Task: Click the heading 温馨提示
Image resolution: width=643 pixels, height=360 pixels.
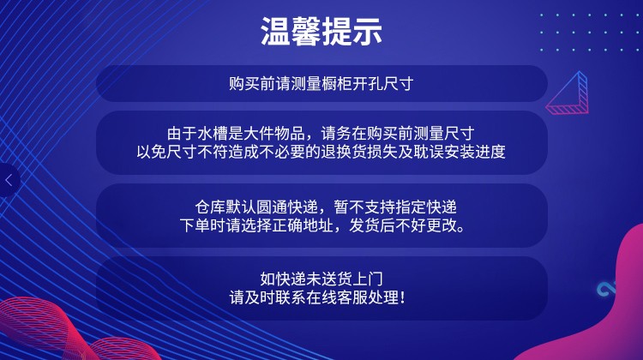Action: (x=321, y=31)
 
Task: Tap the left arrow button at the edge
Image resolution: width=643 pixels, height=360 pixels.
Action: (x=9, y=180)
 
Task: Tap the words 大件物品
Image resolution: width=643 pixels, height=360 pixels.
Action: (x=274, y=134)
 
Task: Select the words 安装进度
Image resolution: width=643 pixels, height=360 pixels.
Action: (x=475, y=152)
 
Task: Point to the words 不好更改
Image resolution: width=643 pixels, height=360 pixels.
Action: (x=426, y=225)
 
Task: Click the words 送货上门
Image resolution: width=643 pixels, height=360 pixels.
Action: (x=352, y=279)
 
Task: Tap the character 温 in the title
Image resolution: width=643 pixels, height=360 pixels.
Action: (x=275, y=31)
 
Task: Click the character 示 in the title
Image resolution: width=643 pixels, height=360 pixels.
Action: (x=368, y=31)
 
